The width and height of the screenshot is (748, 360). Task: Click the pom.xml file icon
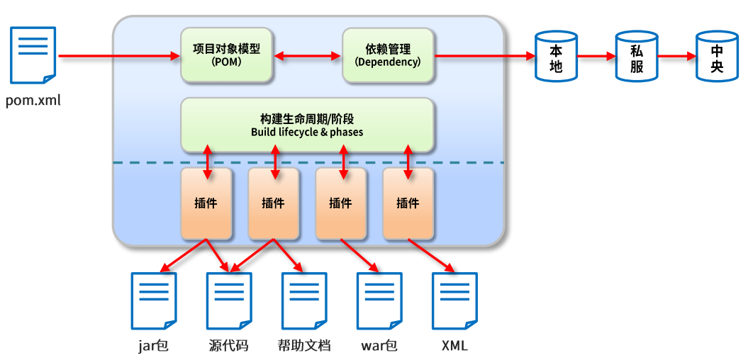point(33,55)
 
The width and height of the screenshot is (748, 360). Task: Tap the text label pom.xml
point(33,101)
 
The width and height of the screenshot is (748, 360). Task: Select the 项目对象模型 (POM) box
point(227,55)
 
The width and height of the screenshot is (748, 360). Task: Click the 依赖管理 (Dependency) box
point(389,55)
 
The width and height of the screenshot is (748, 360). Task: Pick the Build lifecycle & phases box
point(307,125)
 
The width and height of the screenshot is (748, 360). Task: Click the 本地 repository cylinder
point(556,55)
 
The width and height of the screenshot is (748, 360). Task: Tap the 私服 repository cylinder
point(637,55)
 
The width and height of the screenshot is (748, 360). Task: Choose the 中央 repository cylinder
point(717,55)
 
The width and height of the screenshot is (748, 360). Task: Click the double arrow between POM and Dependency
point(308,56)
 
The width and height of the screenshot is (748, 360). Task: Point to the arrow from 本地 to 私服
point(596,56)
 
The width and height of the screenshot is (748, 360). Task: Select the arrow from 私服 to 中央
point(677,56)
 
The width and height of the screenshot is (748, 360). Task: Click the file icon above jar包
point(154,301)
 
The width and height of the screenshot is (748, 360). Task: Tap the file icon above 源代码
point(229,301)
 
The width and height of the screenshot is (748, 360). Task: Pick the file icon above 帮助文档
point(304,301)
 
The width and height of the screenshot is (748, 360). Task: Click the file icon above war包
point(380,301)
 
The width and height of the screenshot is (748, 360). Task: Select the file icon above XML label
point(454,301)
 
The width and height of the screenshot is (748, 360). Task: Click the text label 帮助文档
point(304,345)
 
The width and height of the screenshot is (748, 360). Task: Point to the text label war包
point(380,345)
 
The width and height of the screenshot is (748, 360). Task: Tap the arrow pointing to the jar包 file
point(183,255)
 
